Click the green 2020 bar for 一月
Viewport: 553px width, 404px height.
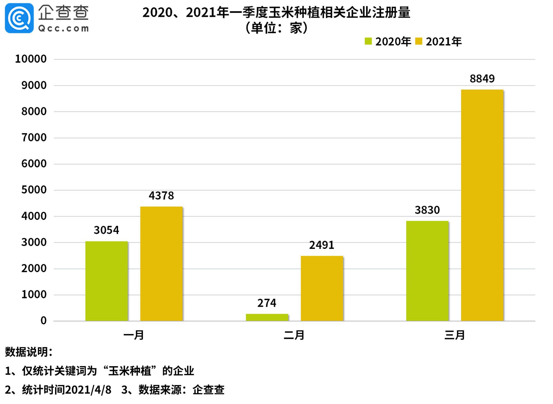point(106,281)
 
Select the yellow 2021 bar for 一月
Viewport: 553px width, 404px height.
point(161,264)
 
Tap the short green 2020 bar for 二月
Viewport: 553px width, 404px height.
point(267,317)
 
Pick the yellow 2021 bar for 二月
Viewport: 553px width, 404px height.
point(322,288)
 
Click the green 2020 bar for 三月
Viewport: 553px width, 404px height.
point(427,271)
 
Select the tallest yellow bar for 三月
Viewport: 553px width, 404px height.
point(482,205)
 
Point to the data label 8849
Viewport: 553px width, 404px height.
point(482,79)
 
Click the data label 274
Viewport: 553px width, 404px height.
point(267,303)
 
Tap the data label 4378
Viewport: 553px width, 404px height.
point(161,195)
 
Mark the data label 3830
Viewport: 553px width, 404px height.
point(427,210)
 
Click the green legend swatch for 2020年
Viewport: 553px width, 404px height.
point(368,41)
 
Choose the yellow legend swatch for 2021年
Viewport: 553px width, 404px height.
point(419,41)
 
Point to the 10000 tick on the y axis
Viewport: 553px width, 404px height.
point(31,59)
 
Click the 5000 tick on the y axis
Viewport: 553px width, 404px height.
point(34,190)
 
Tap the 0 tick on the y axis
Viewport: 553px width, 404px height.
point(43,321)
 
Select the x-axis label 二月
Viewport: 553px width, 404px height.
point(294,335)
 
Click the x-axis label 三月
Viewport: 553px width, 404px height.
point(454,335)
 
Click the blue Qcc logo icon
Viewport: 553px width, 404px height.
point(19,18)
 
